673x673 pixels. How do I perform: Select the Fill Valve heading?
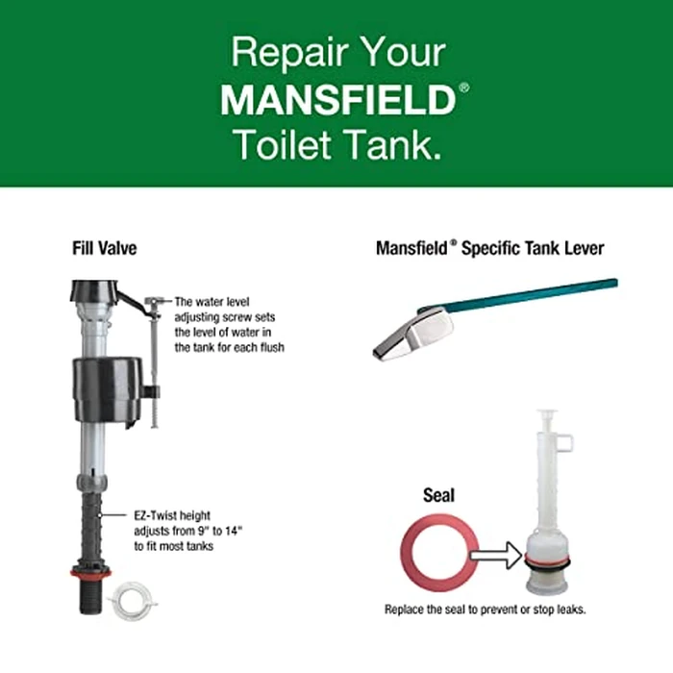105,248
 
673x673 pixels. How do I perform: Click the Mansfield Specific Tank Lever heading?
489,248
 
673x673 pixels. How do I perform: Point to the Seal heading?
438,497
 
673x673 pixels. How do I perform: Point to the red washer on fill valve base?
90,573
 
